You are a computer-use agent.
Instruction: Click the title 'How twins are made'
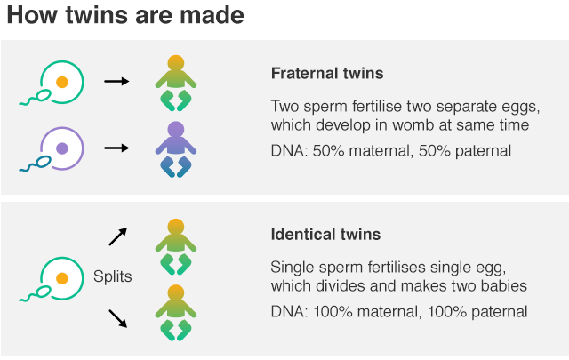coord(124,18)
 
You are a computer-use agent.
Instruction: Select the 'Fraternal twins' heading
coord(327,73)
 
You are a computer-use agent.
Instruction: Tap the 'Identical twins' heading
coord(325,235)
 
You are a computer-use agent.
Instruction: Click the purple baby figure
coord(175,148)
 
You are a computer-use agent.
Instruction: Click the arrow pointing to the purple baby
coord(116,147)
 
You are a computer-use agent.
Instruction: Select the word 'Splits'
coord(113,276)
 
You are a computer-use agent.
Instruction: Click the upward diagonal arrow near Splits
coord(117,236)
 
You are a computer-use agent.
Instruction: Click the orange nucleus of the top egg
coord(61,81)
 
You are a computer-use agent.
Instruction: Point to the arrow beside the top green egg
coord(116,81)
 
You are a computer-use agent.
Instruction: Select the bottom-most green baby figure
coord(175,313)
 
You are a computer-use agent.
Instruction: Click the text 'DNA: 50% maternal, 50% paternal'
coord(391,150)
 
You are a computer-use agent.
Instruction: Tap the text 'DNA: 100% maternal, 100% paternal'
coord(399,311)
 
